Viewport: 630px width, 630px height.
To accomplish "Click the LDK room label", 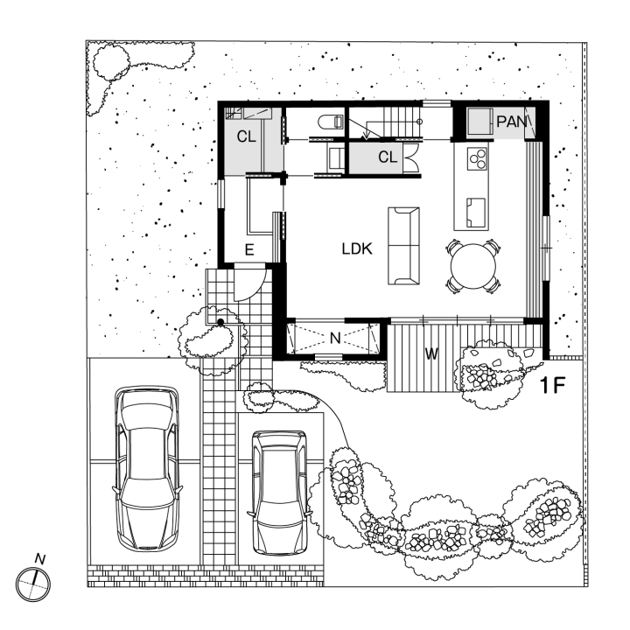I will (x=358, y=249).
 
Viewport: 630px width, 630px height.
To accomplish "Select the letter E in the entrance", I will (x=249, y=250).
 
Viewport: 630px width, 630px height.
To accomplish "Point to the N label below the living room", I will (x=334, y=336).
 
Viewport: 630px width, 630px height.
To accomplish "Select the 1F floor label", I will (x=555, y=383).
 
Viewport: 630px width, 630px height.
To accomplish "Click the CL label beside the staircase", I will (x=388, y=157).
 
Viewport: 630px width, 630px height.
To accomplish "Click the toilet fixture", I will (x=331, y=122).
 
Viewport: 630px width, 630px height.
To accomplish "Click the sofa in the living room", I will (x=403, y=245).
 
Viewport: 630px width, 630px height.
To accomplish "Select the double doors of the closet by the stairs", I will (x=413, y=159).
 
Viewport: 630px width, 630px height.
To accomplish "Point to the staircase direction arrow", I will (x=364, y=132).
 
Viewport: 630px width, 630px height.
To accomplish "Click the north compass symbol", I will (x=33, y=581).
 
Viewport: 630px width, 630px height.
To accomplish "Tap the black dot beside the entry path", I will (x=221, y=324).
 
